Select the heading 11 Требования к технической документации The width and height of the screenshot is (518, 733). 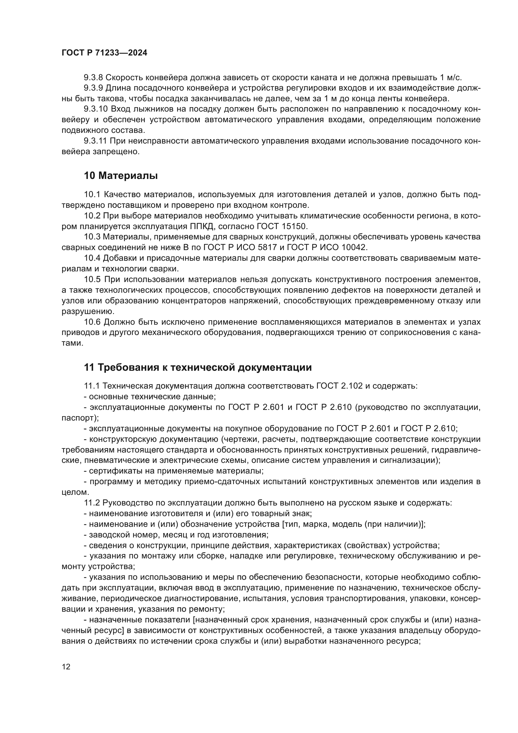pos(197,368)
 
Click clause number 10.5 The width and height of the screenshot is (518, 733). pos(92,279)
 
